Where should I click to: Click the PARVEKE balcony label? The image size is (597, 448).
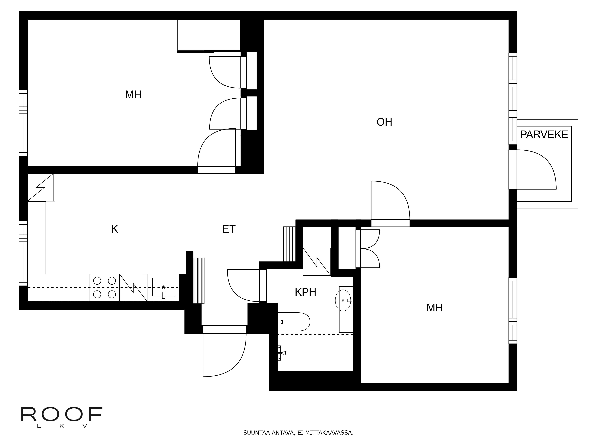[x=544, y=135]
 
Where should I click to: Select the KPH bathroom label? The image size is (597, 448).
[x=305, y=292]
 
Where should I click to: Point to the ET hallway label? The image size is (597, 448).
[x=229, y=229]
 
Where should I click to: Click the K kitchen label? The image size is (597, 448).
[x=114, y=229]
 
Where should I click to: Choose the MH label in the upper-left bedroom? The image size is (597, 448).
[x=133, y=95]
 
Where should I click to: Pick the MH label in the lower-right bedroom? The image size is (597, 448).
[x=434, y=308]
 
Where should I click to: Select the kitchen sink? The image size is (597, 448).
[x=164, y=287]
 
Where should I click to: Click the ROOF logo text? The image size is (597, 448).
[x=61, y=415]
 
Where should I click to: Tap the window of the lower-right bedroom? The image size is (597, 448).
[x=513, y=311]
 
